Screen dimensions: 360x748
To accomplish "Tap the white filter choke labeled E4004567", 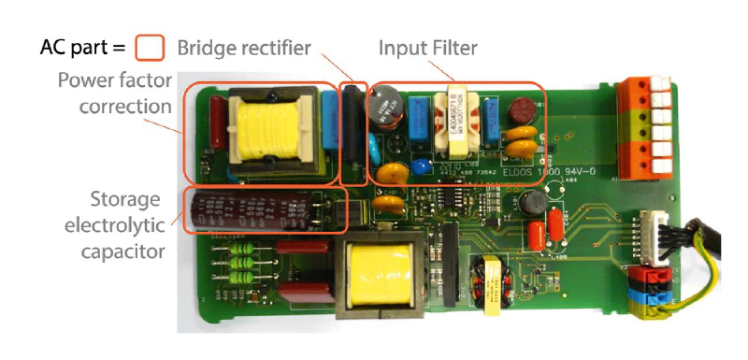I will click(x=456, y=122).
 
